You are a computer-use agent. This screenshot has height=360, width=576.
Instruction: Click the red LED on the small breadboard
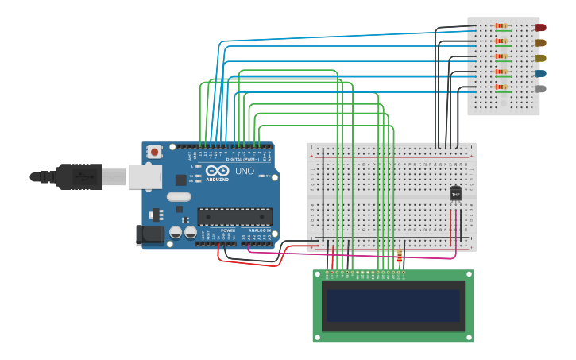[540, 27]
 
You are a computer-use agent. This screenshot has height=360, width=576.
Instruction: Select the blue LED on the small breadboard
[540, 73]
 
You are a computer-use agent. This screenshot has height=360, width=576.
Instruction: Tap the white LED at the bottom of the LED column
[540, 88]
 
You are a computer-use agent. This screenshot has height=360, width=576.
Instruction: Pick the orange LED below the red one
[540, 43]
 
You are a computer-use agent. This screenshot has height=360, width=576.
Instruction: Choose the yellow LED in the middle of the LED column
[540, 58]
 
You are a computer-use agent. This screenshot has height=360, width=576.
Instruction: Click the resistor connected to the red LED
[501, 25]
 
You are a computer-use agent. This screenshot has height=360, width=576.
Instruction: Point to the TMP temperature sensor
[455, 193]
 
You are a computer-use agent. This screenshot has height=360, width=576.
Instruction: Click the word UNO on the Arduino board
[244, 171]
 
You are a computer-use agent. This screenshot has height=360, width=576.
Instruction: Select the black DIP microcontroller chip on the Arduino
[234, 216]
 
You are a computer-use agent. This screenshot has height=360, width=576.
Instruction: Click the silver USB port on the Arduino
[145, 176]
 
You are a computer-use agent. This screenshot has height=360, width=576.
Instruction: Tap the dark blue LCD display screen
[393, 305]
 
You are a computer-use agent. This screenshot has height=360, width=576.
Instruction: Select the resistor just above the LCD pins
[399, 257]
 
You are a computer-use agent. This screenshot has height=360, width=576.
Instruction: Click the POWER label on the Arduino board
[228, 230]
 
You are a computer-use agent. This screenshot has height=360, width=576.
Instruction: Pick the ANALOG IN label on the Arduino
[257, 230]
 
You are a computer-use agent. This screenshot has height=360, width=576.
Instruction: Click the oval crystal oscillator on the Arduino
[179, 196]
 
